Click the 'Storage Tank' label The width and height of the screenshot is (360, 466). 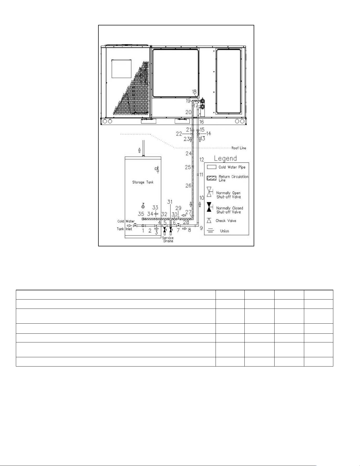(143, 182)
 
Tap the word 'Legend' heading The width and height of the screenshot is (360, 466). (225, 159)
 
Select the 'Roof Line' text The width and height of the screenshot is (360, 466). (239, 148)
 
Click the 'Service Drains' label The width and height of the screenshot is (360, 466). (168, 239)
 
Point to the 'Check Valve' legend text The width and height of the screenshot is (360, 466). (226, 221)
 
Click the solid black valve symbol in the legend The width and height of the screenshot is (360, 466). (209, 207)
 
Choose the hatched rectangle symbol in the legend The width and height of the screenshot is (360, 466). (212, 178)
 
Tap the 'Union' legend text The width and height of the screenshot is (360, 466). (225, 231)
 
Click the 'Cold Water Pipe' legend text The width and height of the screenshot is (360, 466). (232, 167)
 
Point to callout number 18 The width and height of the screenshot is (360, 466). (194, 92)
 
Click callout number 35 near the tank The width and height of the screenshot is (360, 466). (141, 214)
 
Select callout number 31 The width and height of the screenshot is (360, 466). (170, 202)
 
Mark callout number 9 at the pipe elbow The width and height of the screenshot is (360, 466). (201, 228)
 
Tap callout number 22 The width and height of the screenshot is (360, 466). (179, 134)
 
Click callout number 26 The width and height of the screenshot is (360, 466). (188, 186)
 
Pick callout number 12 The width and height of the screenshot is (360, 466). (202, 160)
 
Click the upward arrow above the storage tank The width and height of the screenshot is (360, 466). (139, 150)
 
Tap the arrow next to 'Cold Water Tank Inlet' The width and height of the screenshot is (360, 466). (129, 225)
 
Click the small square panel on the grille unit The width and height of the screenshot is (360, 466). (121, 69)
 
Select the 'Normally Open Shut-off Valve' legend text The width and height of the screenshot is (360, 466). (229, 195)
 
